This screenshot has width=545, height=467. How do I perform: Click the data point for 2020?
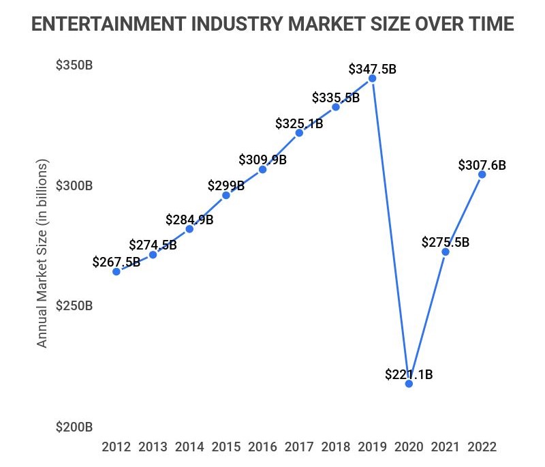[x=409, y=384]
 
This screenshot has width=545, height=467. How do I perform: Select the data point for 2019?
[x=372, y=78]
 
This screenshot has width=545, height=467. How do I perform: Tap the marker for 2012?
[x=116, y=271]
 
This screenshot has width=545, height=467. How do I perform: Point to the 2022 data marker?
[x=482, y=175]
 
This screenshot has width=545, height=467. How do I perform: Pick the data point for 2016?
[x=262, y=169]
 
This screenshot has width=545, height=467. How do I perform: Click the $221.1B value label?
[x=409, y=374]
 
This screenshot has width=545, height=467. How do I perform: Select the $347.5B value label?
[x=372, y=69]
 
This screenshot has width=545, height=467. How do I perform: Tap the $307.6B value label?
[x=482, y=165]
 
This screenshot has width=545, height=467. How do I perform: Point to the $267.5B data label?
[x=116, y=262]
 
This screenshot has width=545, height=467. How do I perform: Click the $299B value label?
[x=226, y=185]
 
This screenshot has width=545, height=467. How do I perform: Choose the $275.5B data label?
[x=446, y=242]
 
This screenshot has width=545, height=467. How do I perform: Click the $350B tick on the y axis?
[x=74, y=66]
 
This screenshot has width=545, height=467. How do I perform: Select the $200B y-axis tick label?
[x=74, y=427]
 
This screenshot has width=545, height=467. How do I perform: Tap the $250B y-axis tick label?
[x=74, y=306]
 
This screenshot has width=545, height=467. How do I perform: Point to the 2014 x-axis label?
[x=189, y=447]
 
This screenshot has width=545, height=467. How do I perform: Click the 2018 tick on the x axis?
[x=335, y=447]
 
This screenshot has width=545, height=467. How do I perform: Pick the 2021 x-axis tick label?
[x=446, y=447]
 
